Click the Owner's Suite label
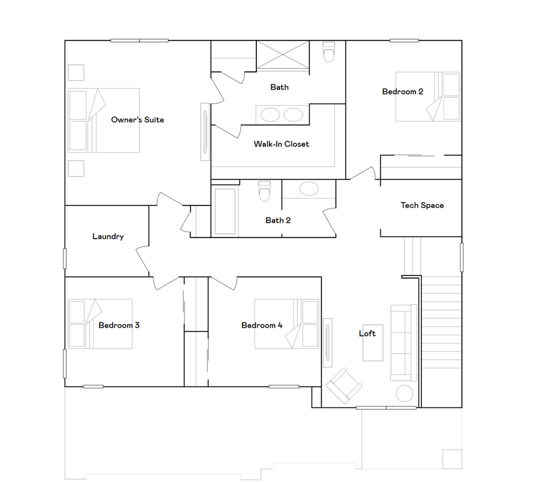[137, 120]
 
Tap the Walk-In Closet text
[281, 144]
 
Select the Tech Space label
[422, 205]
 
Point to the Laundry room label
[108, 236]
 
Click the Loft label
[367, 333]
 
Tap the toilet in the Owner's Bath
[328, 53]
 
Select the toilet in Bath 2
[265, 191]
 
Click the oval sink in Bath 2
[309, 189]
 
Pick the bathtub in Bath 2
[225, 211]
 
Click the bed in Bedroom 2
[427, 96]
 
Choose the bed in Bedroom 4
[287, 324]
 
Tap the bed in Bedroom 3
[100, 323]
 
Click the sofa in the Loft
[403, 343]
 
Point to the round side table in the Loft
[405, 393]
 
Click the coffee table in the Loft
[373, 343]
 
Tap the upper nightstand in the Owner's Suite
[76, 72]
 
